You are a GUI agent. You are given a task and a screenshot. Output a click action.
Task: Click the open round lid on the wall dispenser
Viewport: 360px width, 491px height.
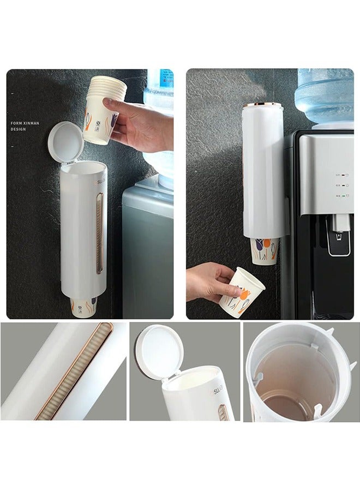pyautogui.click(x=65, y=142)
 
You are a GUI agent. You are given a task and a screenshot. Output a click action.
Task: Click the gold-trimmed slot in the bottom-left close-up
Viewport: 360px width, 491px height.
pyautogui.click(x=73, y=371)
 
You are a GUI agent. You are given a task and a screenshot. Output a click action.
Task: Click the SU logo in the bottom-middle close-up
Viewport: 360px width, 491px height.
pyautogui.click(x=218, y=391)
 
